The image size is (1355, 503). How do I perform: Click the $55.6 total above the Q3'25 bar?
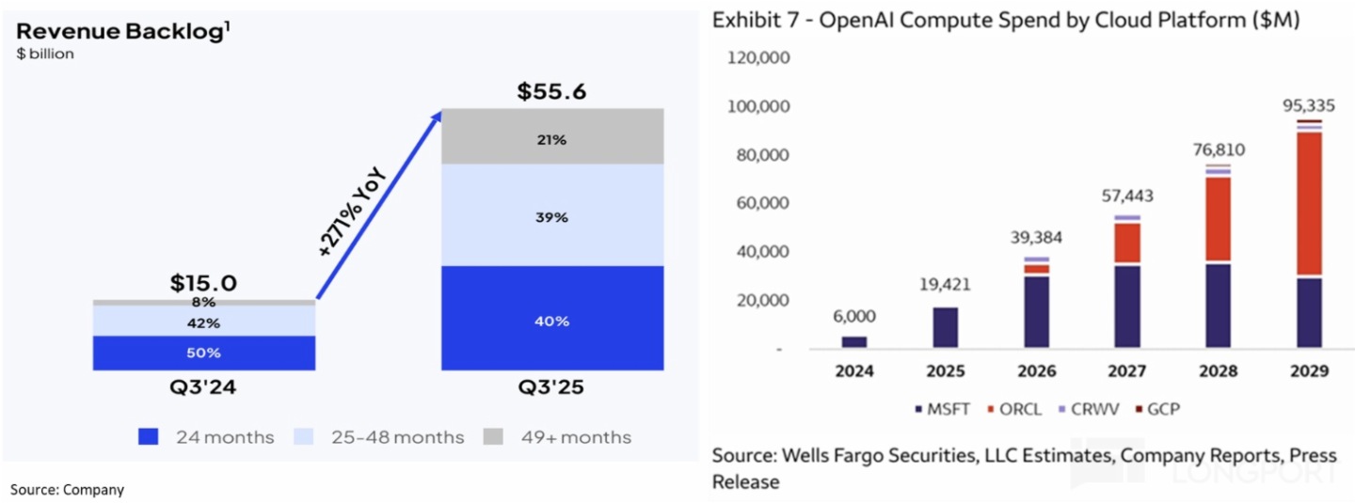[552, 92]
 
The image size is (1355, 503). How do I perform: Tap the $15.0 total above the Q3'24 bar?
[203, 283]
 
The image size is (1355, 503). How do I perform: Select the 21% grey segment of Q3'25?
[552, 139]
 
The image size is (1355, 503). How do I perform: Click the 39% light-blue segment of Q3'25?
[552, 217]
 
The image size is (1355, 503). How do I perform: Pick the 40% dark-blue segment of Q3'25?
[552, 321]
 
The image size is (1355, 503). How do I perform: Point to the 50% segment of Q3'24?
[203, 353]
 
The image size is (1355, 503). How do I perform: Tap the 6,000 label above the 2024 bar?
[854, 318]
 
